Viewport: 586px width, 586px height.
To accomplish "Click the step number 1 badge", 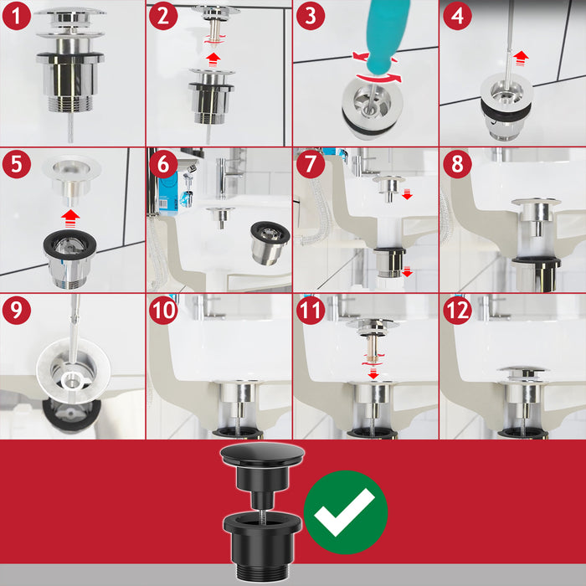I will coord(16,16).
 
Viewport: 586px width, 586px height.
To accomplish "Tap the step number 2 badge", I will coord(162,16).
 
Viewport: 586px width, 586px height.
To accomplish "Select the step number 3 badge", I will coord(309,16).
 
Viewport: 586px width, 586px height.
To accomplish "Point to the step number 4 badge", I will coord(456,16).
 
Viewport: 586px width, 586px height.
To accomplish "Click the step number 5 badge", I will coord(16,163).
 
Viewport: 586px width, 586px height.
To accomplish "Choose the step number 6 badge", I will coord(162,163).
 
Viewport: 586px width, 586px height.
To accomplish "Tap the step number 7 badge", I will coord(309,163).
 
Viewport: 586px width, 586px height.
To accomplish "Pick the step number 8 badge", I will coord(456,163).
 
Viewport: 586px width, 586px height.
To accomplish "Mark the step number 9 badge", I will coord(16,310).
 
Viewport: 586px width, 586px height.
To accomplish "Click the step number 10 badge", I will coord(162,310).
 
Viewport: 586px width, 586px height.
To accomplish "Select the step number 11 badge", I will coord(309,310).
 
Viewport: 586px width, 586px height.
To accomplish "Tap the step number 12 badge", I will coord(456,310).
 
